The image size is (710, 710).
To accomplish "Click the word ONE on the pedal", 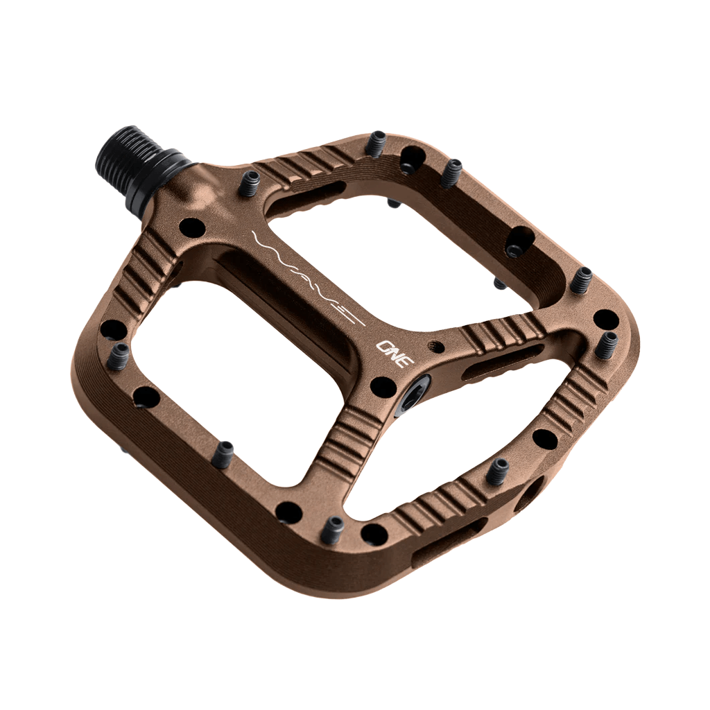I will pyautogui.click(x=395, y=349).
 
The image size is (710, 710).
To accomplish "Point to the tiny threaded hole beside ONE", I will pyautogui.click(x=436, y=344).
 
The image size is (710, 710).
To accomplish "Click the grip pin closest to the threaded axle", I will pyautogui.click(x=249, y=184).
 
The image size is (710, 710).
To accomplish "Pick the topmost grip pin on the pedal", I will pyautogui.click(x=376, y=143).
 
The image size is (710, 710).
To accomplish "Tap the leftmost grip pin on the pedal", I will pyautogui.click(x=119, y=356).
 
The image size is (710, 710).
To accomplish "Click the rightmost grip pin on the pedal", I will pyautogui.click(x=606, y=345).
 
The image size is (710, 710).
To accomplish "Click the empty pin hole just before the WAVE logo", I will pyautogui.click(x=192, y=227).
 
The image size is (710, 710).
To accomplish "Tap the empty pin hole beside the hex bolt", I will pyautogui.click(x=383, y=387).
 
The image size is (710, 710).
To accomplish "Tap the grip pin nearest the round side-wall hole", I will pyautogui.click(x=497, y=472).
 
